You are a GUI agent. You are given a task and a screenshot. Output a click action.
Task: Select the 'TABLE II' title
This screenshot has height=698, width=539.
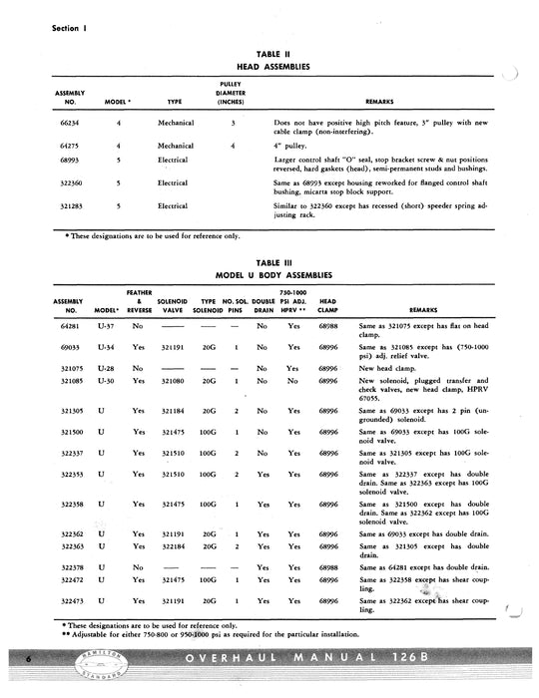pos(269,54)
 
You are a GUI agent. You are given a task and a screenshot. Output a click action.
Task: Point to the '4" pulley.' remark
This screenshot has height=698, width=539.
pos(291,145)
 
